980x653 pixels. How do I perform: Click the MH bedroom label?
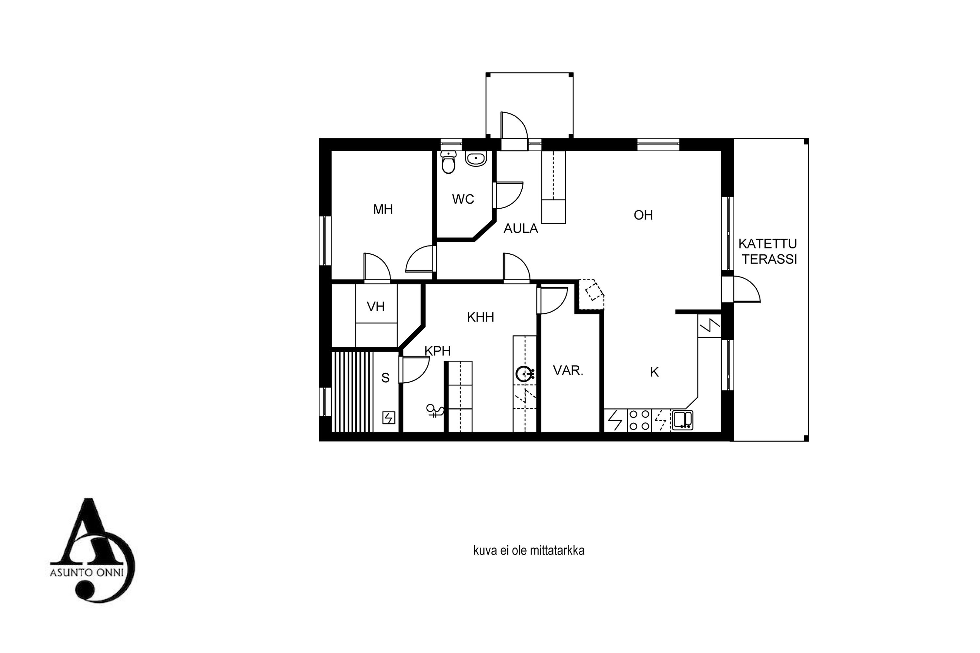[x=383, y=209]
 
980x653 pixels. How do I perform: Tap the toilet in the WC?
[x=448, y=162]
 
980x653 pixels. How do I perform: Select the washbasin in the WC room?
[x=476, y=159]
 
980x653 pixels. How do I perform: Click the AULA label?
[x=521, y=229]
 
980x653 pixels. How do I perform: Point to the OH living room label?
[x=643, y=215]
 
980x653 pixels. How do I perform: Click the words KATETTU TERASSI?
[x=768, y=251]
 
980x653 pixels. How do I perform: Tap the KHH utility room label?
[x=481, y=317]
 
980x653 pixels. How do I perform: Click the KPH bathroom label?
[x=437, y=351]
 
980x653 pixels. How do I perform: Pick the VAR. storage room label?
[x=568, y=370]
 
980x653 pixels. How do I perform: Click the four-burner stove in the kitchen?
[x=639, y=420]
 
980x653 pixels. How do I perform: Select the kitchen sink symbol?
[x=682, y=420]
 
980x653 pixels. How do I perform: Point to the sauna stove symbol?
[x=388, y=418]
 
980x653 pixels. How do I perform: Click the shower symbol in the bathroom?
[x=434, y=411]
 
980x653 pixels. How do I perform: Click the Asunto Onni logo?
[x=92, y=550]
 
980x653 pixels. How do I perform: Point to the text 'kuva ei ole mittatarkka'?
[x=529, y=550]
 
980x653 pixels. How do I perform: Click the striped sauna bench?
[x=352, y=392]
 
